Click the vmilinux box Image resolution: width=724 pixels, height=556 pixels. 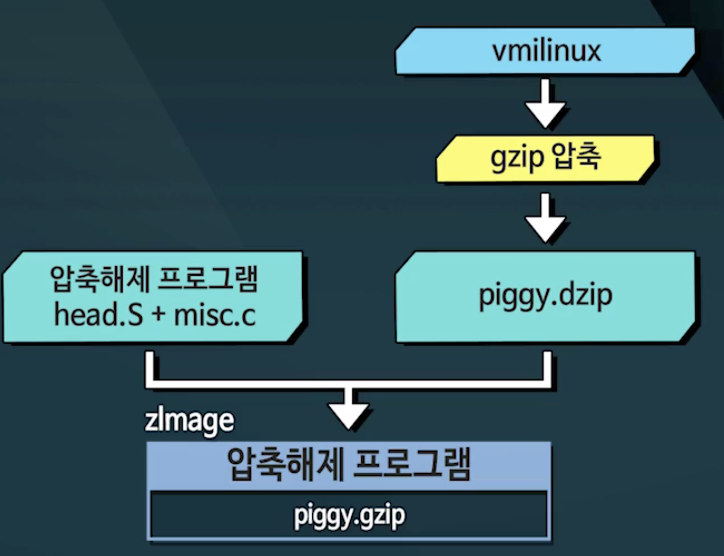[546, 51]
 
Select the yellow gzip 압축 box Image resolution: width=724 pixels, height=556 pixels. [546, 159]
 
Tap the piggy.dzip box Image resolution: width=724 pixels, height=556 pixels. [546, 296]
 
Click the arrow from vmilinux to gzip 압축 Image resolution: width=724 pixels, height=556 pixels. [546, 103]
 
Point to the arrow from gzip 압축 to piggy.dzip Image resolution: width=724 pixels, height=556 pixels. [546, 218]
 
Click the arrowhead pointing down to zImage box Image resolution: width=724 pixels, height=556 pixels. [349, 414]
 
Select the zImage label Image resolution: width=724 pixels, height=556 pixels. [189, 421]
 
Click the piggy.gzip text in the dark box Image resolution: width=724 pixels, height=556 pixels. [349, 516]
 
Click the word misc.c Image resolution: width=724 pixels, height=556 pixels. [215, 315]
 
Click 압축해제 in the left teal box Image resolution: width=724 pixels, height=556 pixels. [100, 279]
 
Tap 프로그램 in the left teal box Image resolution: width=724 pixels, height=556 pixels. [207, 279]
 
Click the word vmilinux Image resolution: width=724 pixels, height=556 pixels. [546, 51]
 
